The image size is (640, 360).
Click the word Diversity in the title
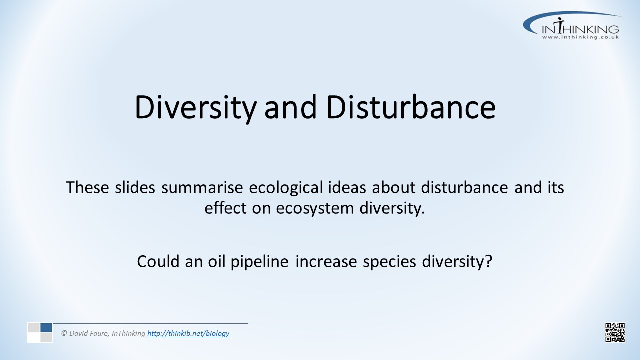pos(195,108)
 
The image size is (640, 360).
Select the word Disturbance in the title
pos(411,107)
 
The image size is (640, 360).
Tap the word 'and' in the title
pos(290,107)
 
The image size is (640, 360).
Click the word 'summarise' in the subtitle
pos(202,187)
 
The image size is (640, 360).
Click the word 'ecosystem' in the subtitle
pos(315,209)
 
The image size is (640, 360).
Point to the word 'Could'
pos(158,261)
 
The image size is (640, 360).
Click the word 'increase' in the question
pos(326,261)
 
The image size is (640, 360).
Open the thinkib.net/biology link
pos(188,333)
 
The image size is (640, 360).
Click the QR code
pos(615,332)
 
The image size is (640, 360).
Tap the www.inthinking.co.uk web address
pos(580,37)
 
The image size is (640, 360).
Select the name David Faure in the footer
pos(88,333)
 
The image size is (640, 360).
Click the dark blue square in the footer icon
pos(46,327)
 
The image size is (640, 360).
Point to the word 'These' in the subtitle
pos(87,187)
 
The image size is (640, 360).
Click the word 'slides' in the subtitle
pos(135,187)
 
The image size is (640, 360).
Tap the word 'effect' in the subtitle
pos(225,208)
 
